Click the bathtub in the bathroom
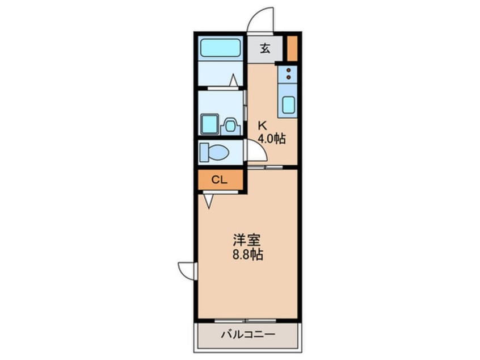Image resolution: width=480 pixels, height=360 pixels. point(220,48)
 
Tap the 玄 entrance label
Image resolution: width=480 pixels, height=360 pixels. point(265,48)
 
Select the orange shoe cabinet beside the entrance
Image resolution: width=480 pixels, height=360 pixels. point(292,48)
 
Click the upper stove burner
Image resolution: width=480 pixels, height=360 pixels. point(288,70)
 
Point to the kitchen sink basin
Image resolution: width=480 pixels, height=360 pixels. point(288,104)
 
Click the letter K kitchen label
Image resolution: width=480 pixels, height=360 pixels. point(262,125)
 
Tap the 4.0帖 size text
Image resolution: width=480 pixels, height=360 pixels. point(272,139)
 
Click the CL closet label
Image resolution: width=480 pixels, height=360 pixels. point(220,180)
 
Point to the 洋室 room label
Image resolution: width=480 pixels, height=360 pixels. point(247,240)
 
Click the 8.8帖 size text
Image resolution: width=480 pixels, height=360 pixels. point(247,254)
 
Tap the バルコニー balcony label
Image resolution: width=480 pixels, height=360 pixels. point(249,334)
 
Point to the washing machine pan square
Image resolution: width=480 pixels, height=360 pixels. point(210,124)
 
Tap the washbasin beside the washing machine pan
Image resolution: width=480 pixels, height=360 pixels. point(230,125)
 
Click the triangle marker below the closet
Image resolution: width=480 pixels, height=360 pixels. point(209,201)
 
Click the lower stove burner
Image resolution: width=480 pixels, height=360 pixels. point(288,77)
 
